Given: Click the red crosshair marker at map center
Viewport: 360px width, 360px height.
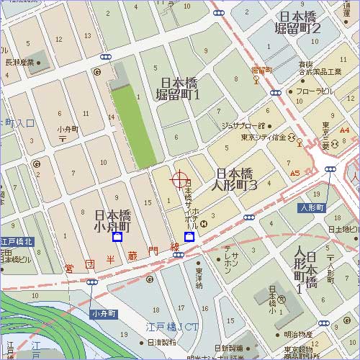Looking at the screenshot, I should [179, 180].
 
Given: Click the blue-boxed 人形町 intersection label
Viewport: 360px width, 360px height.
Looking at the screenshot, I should [313, 207].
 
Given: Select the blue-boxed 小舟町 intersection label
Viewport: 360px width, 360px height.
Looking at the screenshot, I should [103, 313].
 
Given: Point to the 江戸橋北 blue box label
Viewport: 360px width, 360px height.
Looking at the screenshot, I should [17, 241].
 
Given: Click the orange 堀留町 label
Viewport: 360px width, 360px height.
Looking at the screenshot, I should [261, 70].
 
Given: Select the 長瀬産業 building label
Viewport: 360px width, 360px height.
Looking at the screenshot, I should [20, 62].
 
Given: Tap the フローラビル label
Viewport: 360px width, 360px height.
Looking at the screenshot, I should [314, 92].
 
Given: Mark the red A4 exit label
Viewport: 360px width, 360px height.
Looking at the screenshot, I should [344, 130].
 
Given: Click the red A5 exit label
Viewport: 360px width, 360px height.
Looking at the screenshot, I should [294, 174].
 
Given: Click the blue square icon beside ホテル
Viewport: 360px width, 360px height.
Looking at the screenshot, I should [189, 237].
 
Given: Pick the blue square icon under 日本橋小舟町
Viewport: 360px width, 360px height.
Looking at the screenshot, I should [117, 237].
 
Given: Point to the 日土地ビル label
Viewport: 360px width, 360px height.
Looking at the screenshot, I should [343, 229].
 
